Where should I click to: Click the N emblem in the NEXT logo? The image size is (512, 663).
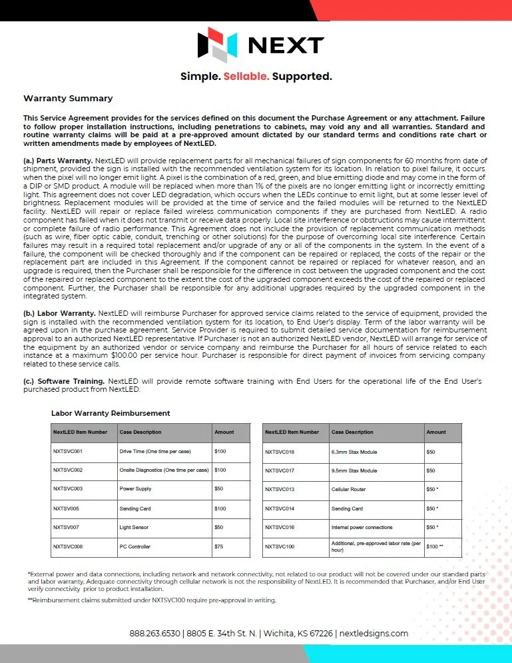(x=217, y=44)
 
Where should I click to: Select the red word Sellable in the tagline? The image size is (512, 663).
(x=246, y=77)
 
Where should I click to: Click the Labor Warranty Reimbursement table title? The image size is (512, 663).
(x=111, y=414)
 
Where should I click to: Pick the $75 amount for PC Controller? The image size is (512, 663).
(x=220, y=547)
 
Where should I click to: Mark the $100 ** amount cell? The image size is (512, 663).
(x=435, y=547)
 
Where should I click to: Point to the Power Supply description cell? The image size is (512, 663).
(x=136, y=489)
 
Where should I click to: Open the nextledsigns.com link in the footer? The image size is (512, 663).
(x=374, y=634)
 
